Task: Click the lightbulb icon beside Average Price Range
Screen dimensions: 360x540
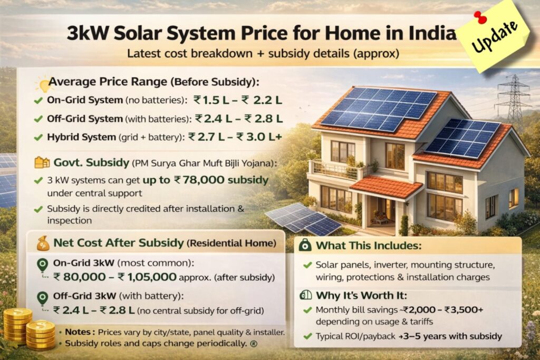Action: (41, 83)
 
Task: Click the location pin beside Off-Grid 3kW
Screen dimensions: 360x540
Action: (42, 298)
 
